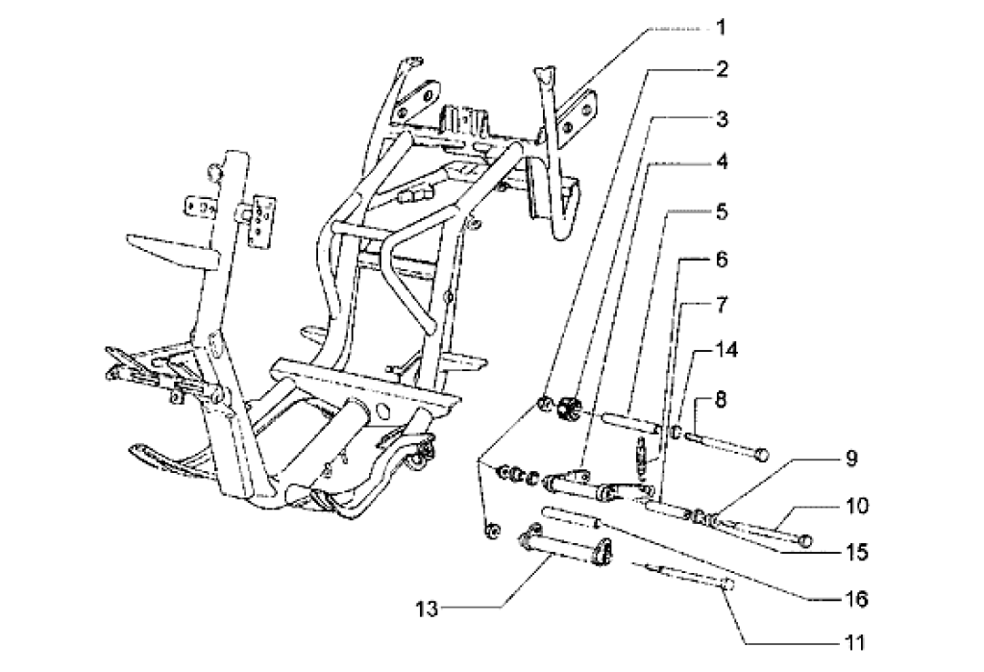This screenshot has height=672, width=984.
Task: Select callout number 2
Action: point(720,69)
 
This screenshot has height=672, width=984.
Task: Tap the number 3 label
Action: point(720,120)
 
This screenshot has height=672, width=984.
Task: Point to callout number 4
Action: point(720,162)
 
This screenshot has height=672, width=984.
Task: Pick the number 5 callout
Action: point(720,210)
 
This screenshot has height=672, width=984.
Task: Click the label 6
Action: point(720,260)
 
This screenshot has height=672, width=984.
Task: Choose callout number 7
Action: point(720,306)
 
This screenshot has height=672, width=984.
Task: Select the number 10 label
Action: point(857,504)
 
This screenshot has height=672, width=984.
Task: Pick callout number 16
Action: point(857,599)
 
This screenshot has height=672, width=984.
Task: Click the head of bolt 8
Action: point(762,451)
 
